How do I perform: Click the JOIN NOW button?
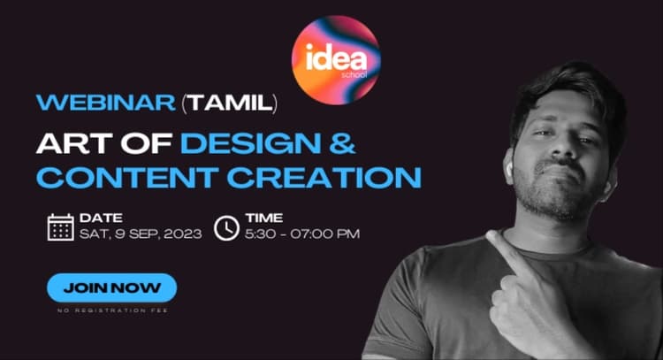(111, 287)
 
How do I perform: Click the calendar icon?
(60, 226)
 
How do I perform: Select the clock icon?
(226, 226)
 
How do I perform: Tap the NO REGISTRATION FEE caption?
(111, 310)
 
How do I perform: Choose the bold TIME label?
(264, 217)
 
